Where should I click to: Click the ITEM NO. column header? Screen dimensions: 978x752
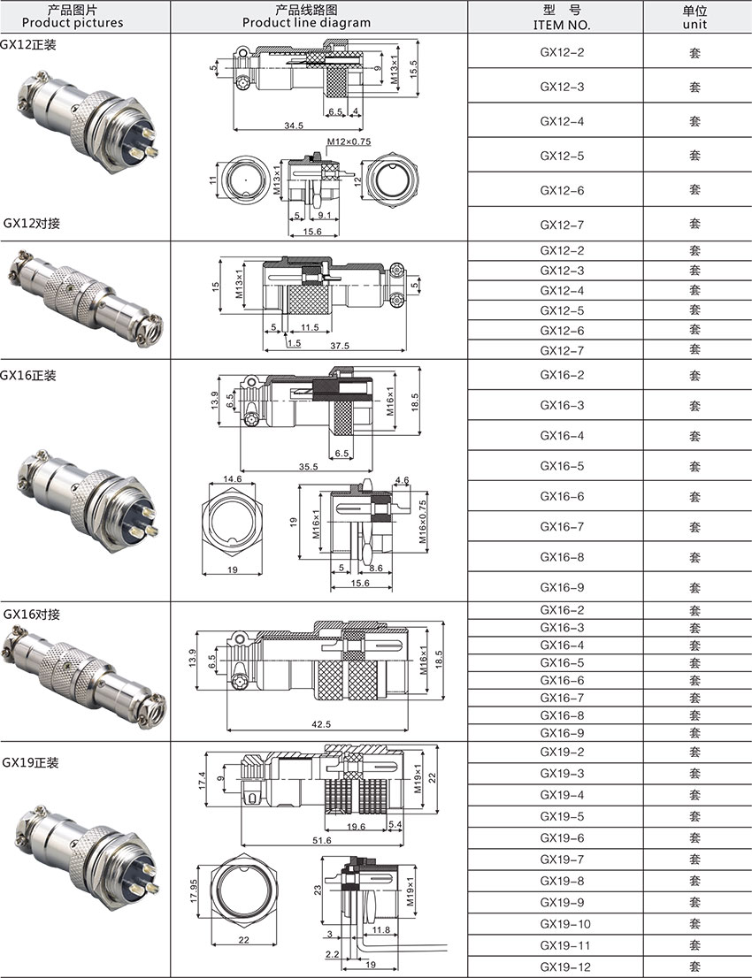click(561, 25)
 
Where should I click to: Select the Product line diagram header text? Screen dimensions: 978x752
click(306, 23)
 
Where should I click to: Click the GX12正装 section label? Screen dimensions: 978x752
click(27, 44)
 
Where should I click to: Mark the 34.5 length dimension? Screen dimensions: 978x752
click(294, 126)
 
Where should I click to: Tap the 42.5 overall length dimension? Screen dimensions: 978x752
click(320, 724)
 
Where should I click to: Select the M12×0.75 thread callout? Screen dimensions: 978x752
click(348, 141)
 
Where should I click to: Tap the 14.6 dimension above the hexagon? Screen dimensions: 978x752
click(232, 478)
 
